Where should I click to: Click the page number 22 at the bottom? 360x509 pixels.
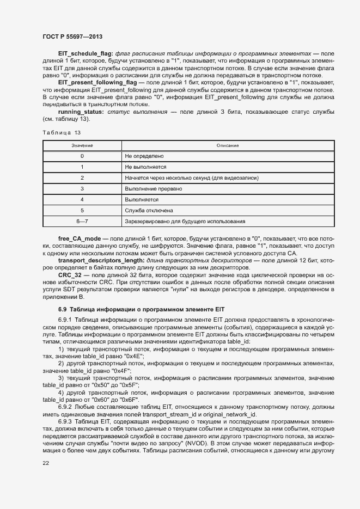tap(46, 463)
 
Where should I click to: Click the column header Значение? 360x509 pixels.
tap(82, 145)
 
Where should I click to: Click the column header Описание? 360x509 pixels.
tap(227, 145)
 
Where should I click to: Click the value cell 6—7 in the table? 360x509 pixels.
tap(82, 221)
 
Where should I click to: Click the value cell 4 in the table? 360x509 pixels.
tap(82, 199)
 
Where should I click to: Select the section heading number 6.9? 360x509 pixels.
tap(63, 309)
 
